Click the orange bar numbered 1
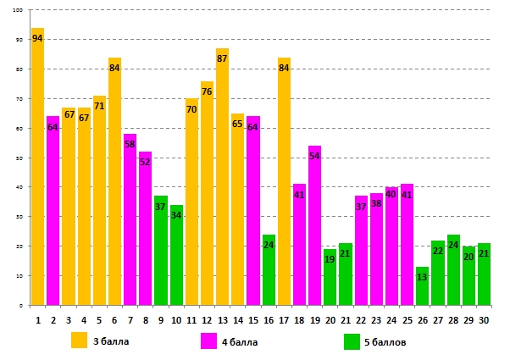(x=37, y=169)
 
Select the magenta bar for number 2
(x=53, y=212)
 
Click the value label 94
(x=37, y=39)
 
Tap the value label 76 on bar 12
(x=207, y=91)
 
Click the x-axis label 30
(x=484, y=320)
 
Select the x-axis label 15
(x=252, y=320)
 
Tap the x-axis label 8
(x=145, y=320)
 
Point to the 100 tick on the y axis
(x=18, y=10)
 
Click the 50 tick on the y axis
(x=19, y=158)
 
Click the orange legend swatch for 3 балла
(x=79, y=341)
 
